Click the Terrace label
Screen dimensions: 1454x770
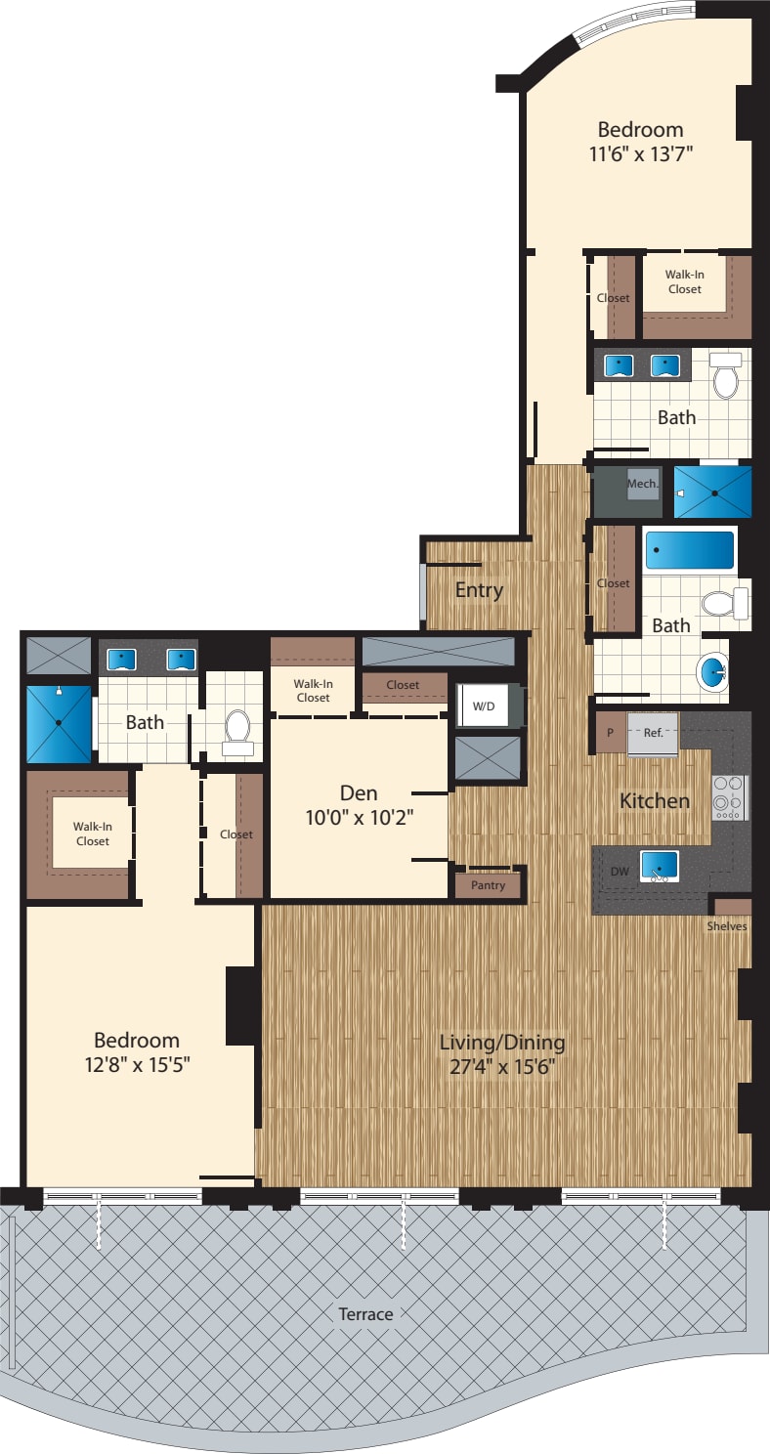[365, 1314]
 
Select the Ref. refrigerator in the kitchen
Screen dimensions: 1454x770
[653, 733]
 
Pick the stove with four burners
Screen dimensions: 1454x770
[729, 797]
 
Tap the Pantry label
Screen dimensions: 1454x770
[488, 885]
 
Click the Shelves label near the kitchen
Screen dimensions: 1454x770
[728, 926]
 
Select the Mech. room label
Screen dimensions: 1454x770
[642, 484]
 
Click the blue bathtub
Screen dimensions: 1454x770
[689, 551]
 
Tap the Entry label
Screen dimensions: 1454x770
[479, 590]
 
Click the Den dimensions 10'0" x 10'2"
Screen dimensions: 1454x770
[360, 819]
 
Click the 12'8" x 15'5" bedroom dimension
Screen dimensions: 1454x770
[137, 1064]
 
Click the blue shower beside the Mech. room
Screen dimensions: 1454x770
[713, 492]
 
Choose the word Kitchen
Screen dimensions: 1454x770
[655, 801]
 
